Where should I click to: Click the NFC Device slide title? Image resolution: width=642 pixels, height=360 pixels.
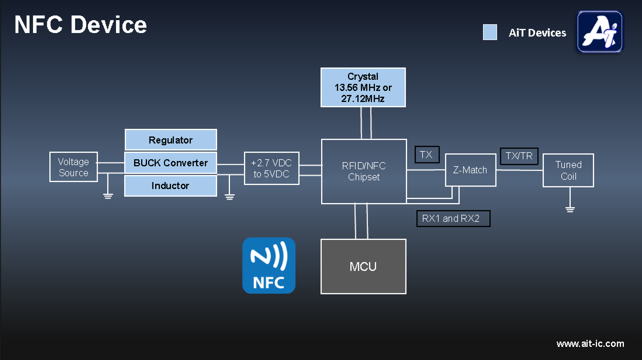click(x=80, y=25)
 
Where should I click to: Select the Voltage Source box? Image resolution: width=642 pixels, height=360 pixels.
click(x=73, y=167)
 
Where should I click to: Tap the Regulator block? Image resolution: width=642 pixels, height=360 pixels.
click(x=171, y=140)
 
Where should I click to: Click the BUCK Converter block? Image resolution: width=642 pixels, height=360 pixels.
click(x=171, y=163)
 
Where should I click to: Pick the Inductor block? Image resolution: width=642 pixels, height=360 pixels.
click(x=171, y=186)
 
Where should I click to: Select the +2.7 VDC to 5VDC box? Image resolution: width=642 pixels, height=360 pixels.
click(x=271, y=168)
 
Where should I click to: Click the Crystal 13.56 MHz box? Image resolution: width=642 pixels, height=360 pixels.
click(x=363, y=87)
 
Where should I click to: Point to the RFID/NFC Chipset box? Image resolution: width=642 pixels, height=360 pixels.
click(x=364, y=172)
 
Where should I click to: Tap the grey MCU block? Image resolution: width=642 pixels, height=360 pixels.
click(x=363, y=266)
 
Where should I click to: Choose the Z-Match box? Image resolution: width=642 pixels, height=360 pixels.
click(x=470, y=170)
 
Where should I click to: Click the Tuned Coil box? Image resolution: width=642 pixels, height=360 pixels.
click(x=568, y=170)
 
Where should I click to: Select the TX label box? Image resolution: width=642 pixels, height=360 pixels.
click(x=427, y=155)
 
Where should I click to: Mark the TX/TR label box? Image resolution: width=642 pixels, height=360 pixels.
click(x=519, y=156)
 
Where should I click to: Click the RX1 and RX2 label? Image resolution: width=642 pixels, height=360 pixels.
click(x=453, y=219)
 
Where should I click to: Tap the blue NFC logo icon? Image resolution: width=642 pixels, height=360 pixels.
click(x=269, y=266)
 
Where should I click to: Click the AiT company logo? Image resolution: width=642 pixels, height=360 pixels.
click(x=600, y=32)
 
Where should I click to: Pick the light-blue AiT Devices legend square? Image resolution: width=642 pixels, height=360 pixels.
click(x=490, y=32)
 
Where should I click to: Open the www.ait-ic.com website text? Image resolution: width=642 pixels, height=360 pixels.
click(x=590, y=344)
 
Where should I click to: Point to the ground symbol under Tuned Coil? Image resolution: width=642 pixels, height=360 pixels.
click(x=570, y=209)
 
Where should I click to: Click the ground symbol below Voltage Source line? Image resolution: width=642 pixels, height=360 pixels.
click(x=108, y=196)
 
